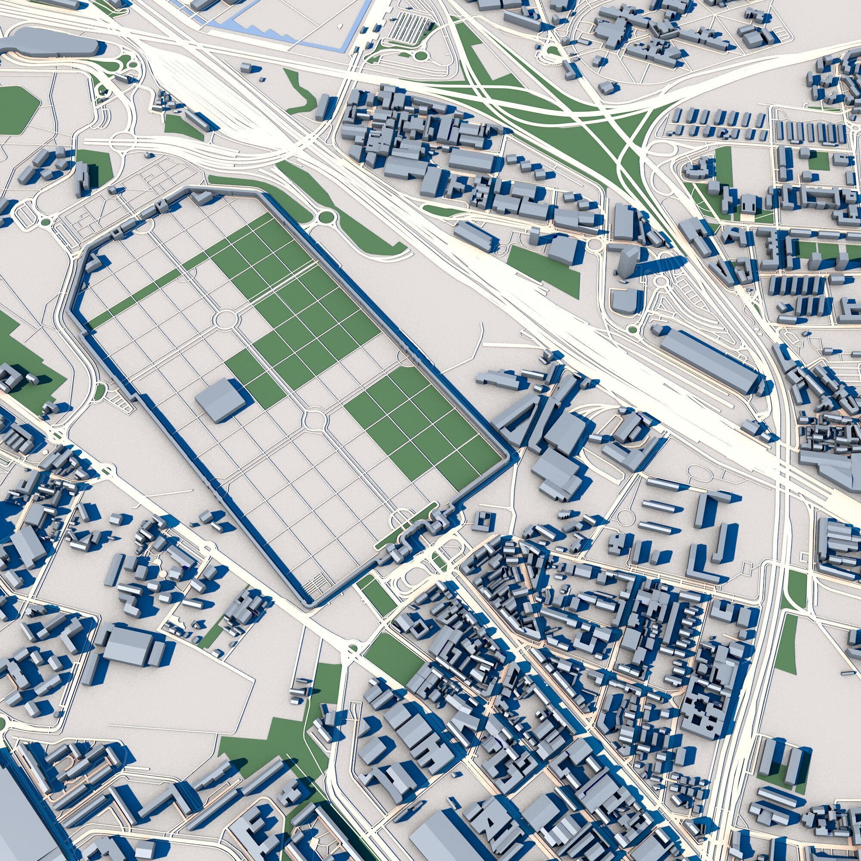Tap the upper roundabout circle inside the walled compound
(x=225, y=319)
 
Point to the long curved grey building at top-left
(x=49, y=42)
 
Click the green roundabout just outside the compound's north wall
(x=327, y=217)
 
